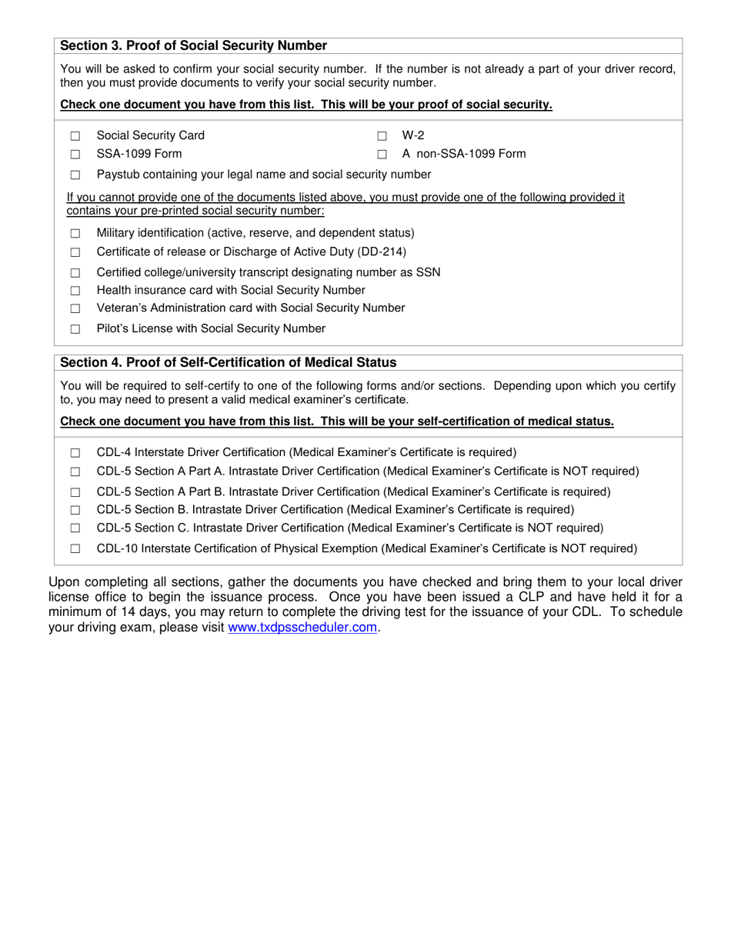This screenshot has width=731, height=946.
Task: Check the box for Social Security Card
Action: click(x=75, y=136)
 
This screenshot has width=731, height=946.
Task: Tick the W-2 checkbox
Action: click(x=382, y=136)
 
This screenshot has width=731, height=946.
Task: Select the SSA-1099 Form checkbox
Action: click(x=75, y=155)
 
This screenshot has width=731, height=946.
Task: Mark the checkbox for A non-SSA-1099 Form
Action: click(x=382, y=155)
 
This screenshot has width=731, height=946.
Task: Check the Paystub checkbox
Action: click(x=75, y=175)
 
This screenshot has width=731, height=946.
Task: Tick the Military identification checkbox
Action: click(x=75, y=234)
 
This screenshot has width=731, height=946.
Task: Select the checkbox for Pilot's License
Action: click(x=75, y=329)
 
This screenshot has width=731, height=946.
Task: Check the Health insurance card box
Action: click(x=75, y=291)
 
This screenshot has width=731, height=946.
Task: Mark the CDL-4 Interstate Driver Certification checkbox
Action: click(x=75, y=453)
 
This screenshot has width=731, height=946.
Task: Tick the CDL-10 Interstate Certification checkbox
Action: click(x=75, y=549)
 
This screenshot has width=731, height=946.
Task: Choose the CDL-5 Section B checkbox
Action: click(x=75, y=510)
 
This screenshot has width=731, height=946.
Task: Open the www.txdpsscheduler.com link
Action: click(x=302, y=628)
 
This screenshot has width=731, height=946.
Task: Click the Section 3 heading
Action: click(x=193, y=46)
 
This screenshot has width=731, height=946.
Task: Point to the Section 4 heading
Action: click(x=228, y=363)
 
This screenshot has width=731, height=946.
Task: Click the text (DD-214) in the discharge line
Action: click(x=381, y=252)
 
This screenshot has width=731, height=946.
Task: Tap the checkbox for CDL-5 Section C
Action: click(x=75, y=528)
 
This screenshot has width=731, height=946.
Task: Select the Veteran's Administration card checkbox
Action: click(x=75, y=309)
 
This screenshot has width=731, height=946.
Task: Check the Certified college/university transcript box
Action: click(x=75, y=273)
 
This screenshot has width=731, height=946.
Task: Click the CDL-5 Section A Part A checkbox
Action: click(x=75, y=472)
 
